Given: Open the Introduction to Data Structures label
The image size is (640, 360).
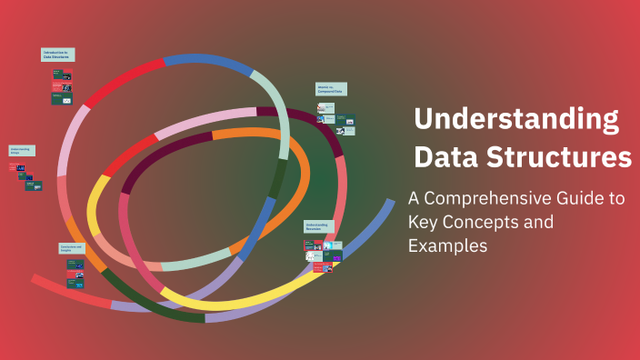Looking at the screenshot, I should (58, 55).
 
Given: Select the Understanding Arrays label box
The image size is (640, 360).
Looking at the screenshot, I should (22, 151).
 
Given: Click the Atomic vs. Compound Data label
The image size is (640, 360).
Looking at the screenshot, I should (331, 89).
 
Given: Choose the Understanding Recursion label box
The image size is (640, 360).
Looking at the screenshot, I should (319, 226).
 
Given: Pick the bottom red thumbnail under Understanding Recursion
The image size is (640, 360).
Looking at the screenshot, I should (308, 267).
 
